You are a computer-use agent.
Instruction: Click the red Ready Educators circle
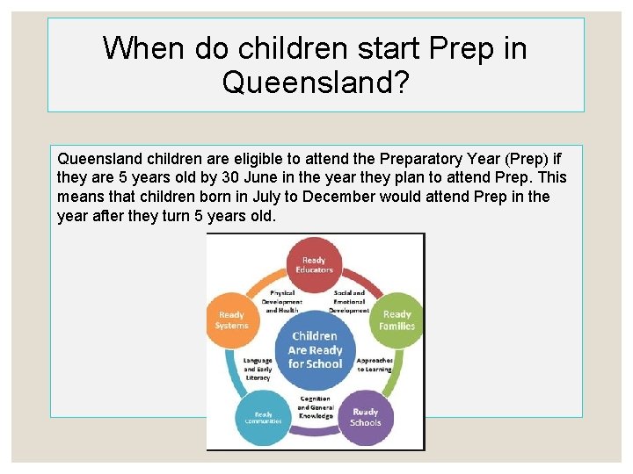[x=315, y=264]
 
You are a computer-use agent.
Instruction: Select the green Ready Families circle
[x=397, y=320]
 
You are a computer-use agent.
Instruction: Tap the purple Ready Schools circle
[x=365, y=416]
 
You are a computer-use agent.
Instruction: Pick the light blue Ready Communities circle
[x=264, y=418]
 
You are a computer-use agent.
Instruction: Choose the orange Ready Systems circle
[x=232, y=320]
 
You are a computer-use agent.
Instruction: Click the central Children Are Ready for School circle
[x=315, y=349]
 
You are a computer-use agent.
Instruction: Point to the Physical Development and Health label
[x=282, y=301]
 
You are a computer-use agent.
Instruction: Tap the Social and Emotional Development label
[x=348, y=301]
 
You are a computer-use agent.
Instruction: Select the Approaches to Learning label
[x=374, y=365]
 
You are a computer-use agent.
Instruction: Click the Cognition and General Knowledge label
[x=315, y=407]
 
